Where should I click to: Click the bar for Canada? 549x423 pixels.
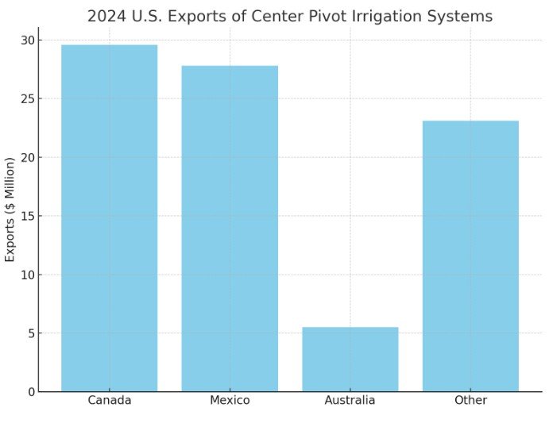[109, 218]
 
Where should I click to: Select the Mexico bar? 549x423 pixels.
[230, 229]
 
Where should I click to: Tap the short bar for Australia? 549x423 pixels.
[350, 359]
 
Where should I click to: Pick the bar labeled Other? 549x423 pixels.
[470, 256]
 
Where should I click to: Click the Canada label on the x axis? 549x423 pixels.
[109, 401]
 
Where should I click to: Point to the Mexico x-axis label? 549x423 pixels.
[230, 401]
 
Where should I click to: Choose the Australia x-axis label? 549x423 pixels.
[350, 401]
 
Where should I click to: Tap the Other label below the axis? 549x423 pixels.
[470, 401]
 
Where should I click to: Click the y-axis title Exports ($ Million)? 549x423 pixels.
[10, 216]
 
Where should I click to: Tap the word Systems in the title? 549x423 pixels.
[464, 17]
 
